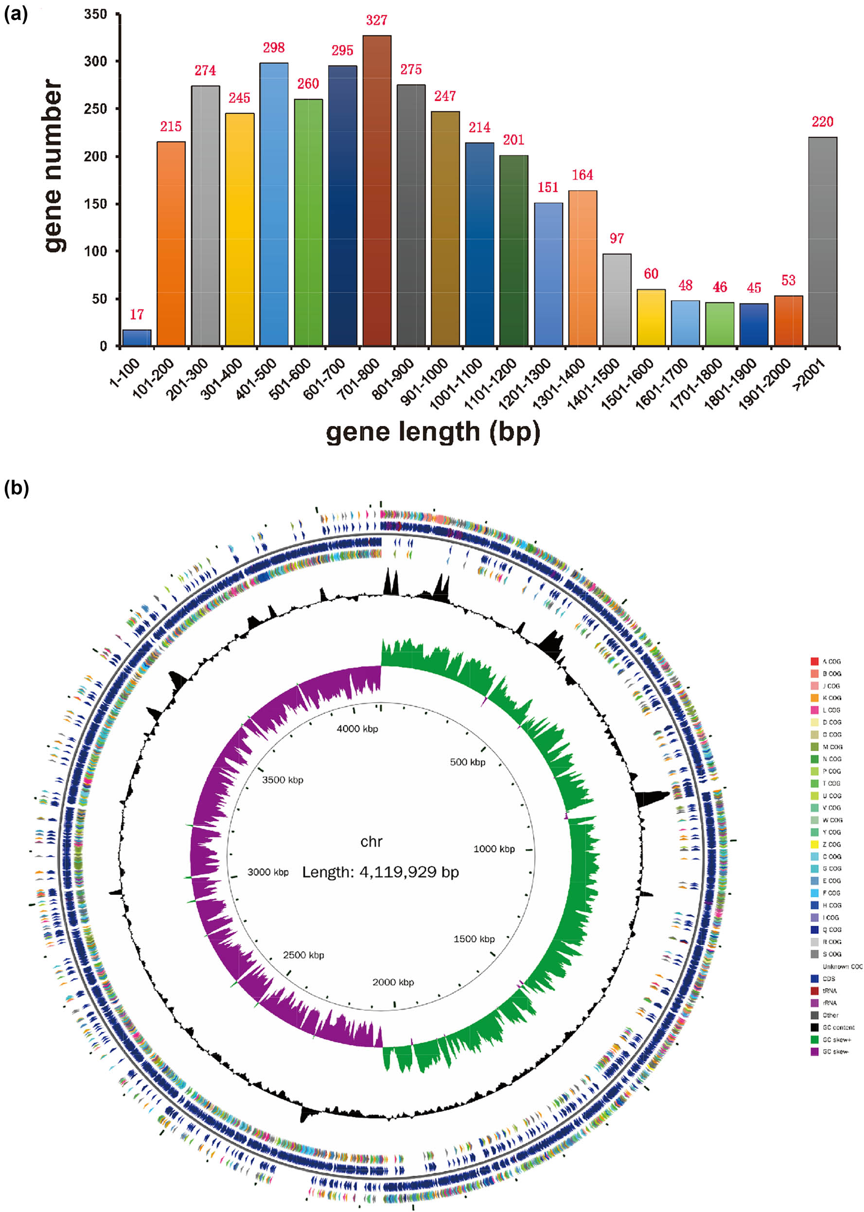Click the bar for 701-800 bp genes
coord(377,192)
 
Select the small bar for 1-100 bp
coord(137,338)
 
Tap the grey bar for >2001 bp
coord(822,242)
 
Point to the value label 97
coord(617,238)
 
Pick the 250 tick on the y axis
coord(96,109)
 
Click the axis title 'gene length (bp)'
coord(433,432)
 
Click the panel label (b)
coord(16,488)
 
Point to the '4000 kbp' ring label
coord(357,729)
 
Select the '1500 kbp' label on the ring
coord(474,939)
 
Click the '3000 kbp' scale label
coord(267,872)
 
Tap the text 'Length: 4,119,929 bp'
coord(380,872)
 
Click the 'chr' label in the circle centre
coord(371,842)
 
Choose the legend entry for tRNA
coord(829,991)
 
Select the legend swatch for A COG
coord(814,661)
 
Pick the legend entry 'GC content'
coord(838,1027)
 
